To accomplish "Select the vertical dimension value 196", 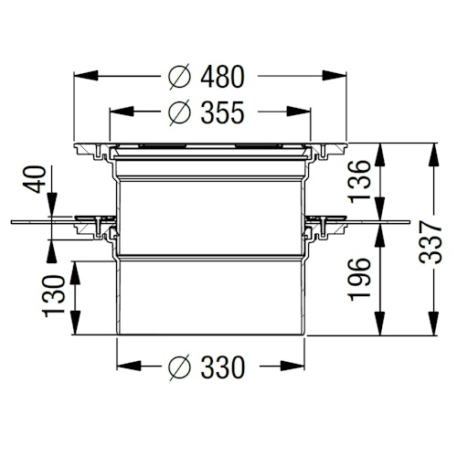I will pos(362,276).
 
